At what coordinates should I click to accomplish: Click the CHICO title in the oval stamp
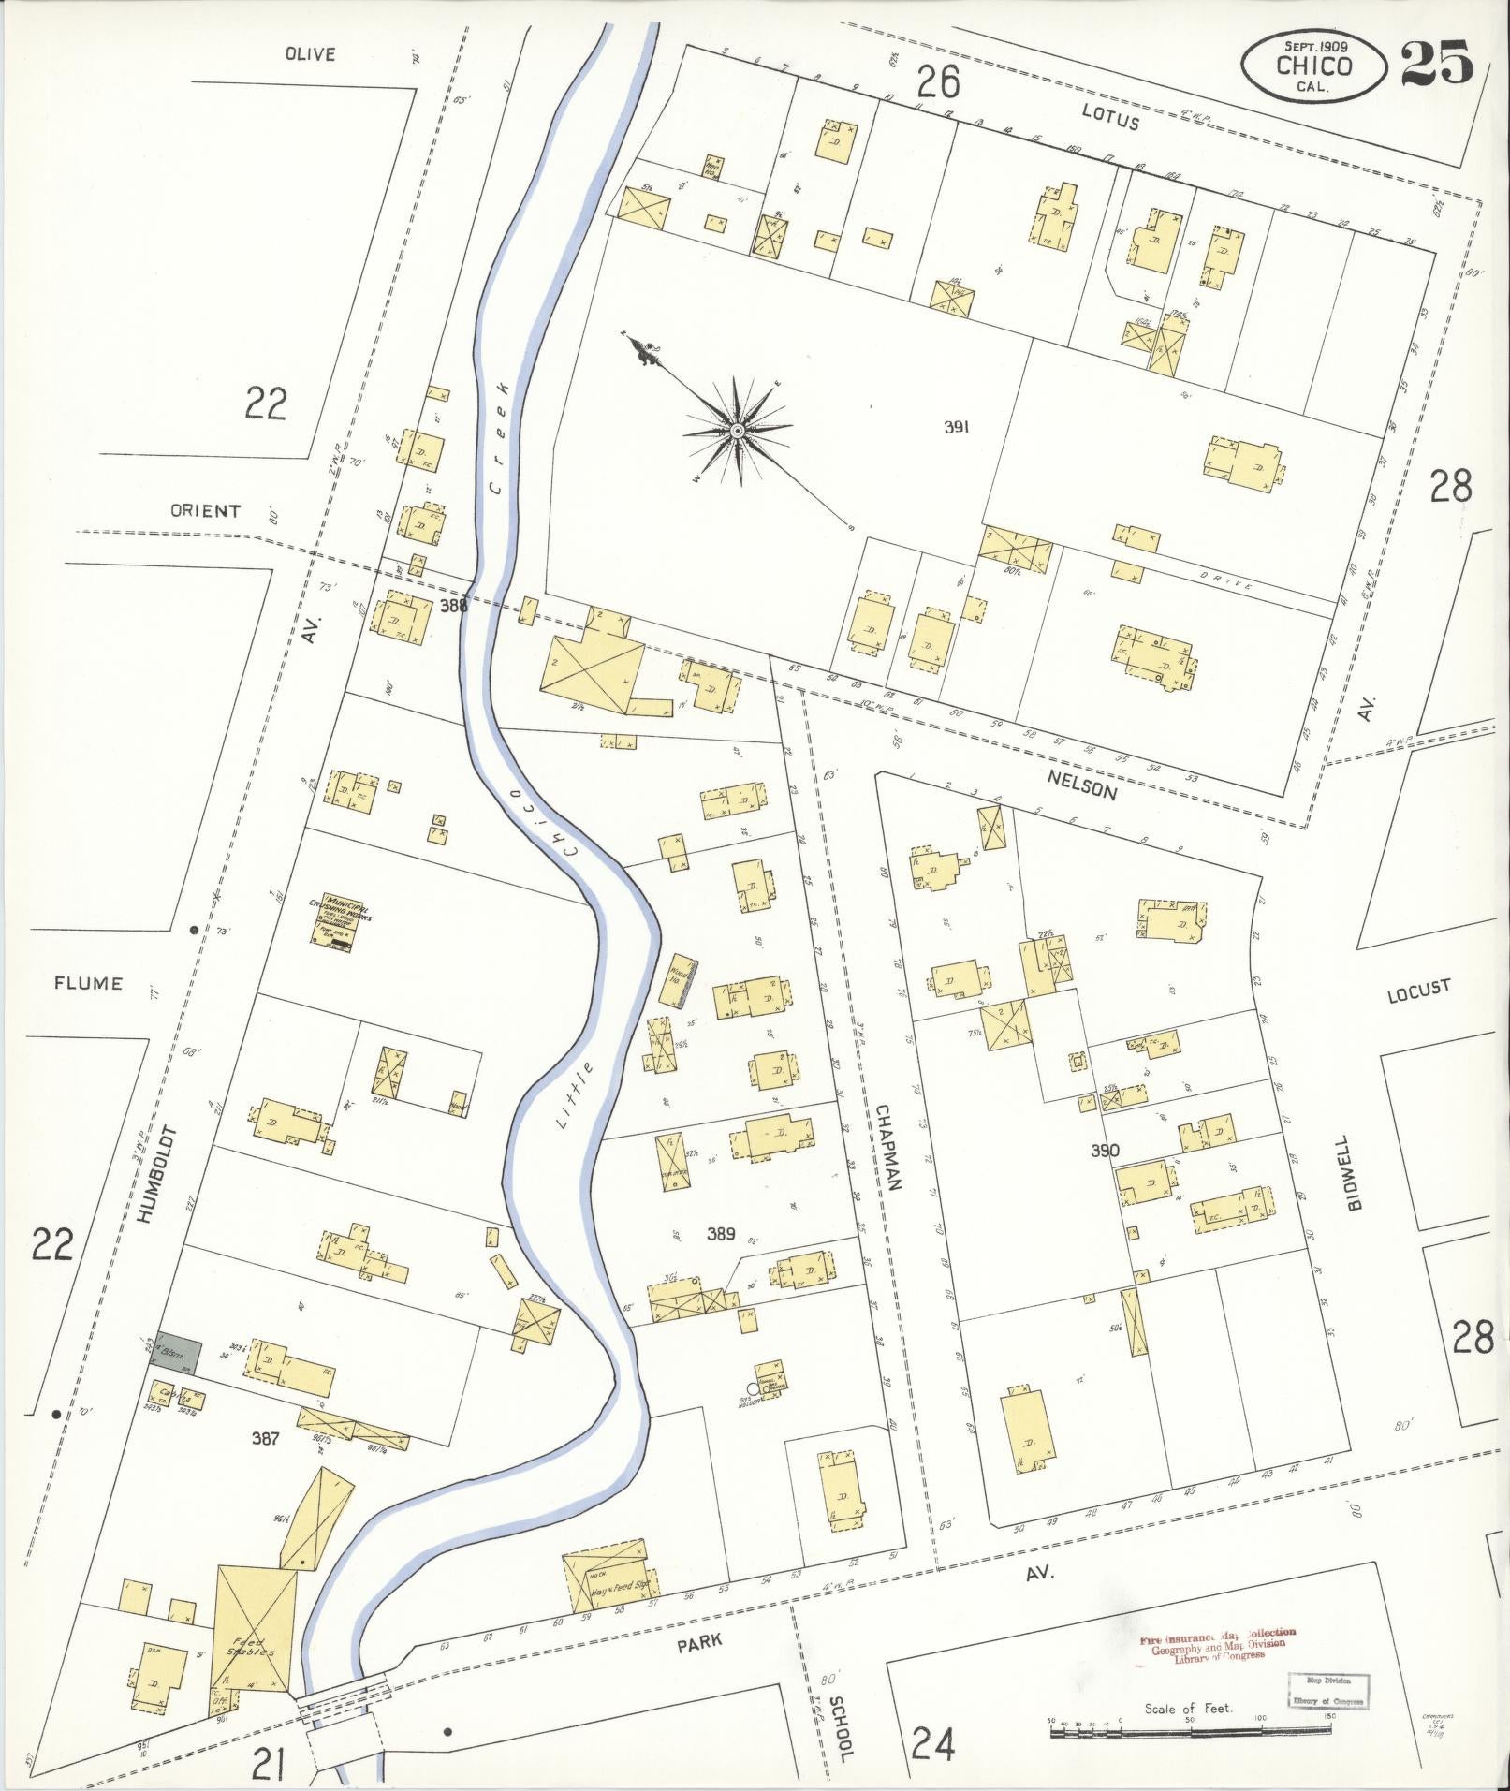point(1313,66)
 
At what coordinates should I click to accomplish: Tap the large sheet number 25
point(1436,63)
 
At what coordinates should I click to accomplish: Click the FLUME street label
point(88,983)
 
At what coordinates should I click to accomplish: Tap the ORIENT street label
point(205,511)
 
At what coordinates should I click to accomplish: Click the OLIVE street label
point(310,54)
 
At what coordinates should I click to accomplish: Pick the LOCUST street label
point(1418,990)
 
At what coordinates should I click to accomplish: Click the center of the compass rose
point(737,431)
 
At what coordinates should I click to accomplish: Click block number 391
point(955,427)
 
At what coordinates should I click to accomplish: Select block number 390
point(1105,1151)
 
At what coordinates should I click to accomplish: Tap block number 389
point(720,1234)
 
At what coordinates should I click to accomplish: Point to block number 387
point(265,1438)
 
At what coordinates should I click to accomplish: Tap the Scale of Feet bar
point(1191,1732)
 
